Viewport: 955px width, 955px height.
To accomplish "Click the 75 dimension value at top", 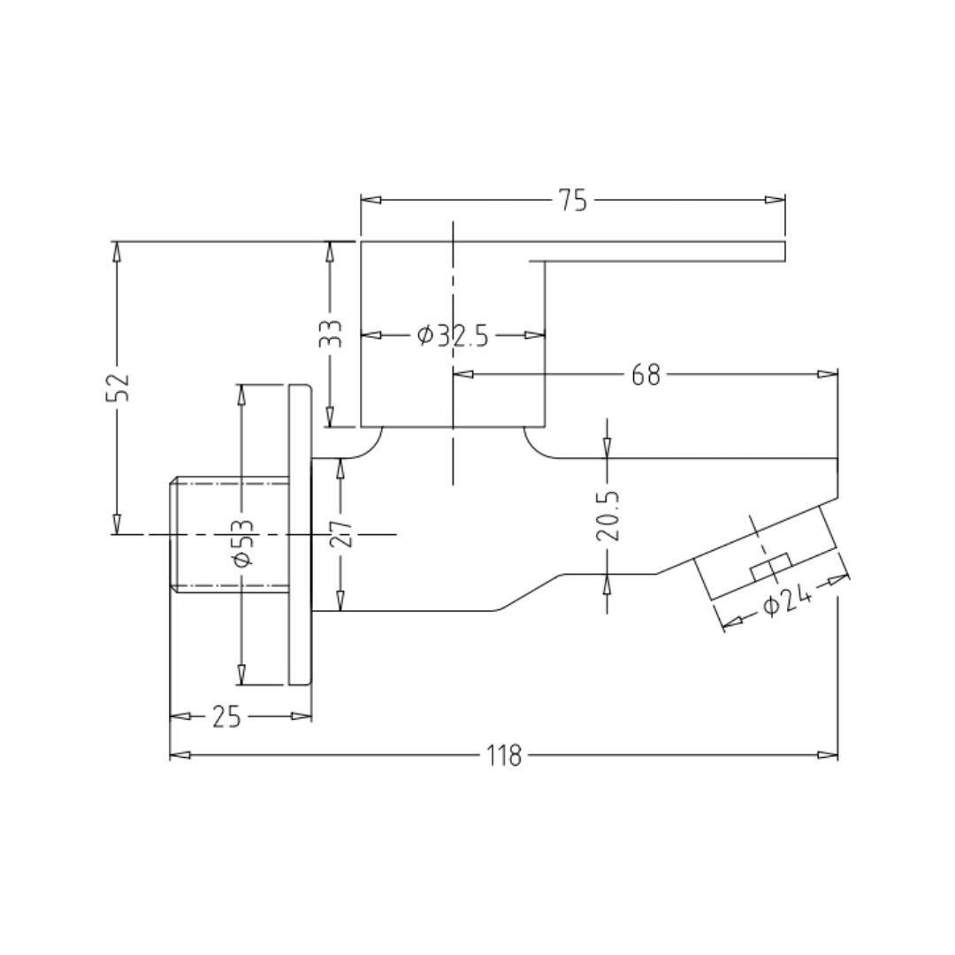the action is coord(574,201).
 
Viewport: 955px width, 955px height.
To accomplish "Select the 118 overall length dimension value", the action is coord(504,756).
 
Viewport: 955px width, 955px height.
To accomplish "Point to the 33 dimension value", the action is coord(332,333).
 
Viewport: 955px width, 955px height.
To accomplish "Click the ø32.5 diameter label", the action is coord(453,335).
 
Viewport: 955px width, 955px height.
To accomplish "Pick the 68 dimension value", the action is coord(646,375).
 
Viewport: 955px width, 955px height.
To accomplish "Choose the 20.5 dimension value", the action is coord(607,516).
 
